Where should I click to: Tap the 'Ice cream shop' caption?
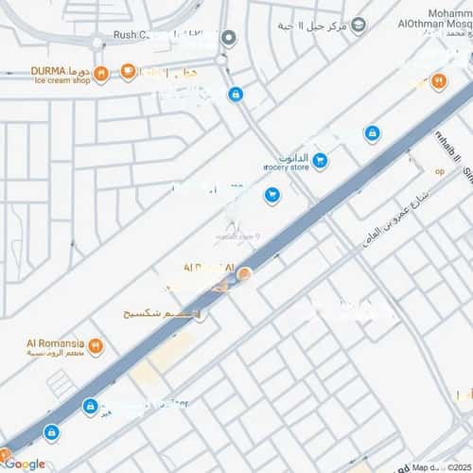coord(62,79)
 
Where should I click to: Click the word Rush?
coord(126,37)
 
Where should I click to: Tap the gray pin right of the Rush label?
coord(228,38)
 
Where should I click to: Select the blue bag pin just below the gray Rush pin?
coord(235,94)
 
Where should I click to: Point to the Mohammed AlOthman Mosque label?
coord(436,19)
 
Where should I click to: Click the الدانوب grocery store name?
coord(292,157)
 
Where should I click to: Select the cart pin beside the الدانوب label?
coord(320,161)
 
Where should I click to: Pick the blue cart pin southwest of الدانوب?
coord(272,196)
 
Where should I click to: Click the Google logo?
coord(24,464)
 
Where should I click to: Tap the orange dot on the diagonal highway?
coord(244,274)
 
